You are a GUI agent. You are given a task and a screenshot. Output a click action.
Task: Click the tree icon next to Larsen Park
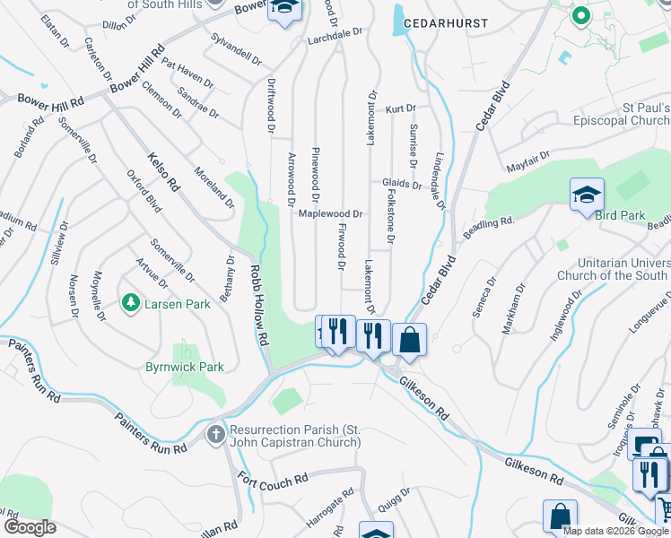pyautogui.click(x=131, y=303)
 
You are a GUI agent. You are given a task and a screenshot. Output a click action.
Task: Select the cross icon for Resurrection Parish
pyautogui.click(x=215, y=435)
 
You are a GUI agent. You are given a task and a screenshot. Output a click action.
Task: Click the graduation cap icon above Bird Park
pyautogui.click(x=587, y=194)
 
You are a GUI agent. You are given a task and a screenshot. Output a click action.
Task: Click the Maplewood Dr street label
pyautogui.click(x=329, y=214)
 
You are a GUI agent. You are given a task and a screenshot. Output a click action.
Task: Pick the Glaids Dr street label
pyautogui.click(x=401, y=183)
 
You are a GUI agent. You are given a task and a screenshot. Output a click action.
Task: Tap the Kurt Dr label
pyautogui.click(x=401, y=108)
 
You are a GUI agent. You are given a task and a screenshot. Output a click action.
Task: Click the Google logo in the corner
pyautogui.click(x=29, y=527)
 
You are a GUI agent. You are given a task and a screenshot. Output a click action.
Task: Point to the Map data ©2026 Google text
pyautogui.click(x=615, y=531)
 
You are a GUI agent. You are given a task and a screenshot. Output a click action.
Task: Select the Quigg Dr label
pyautogui.click(x=394, y=499)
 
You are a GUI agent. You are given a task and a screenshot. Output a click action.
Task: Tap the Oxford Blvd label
pyautogui.click(x=144, y=191)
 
